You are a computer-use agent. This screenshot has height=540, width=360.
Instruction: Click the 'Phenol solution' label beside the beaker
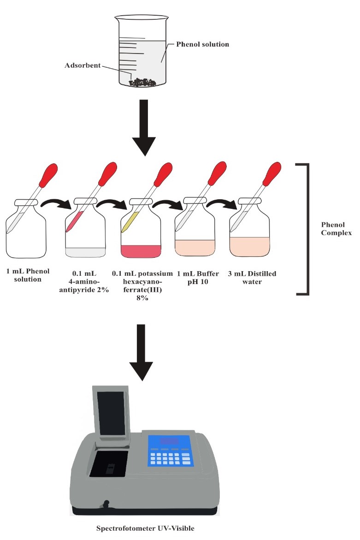pos(203,44)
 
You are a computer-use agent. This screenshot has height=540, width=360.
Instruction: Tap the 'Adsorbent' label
pos(82,66)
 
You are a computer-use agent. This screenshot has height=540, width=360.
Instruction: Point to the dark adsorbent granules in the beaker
pos(142,83)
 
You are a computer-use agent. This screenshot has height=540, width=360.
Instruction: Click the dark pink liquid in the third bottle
pos(141,251)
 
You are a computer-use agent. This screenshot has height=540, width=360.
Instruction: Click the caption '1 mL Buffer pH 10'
pos(198,278)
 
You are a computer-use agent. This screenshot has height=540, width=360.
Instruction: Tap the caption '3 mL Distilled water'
pos(252,278)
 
